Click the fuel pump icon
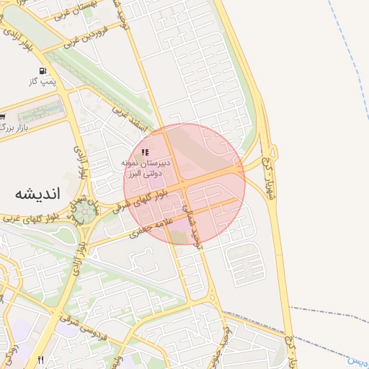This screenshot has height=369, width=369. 43,71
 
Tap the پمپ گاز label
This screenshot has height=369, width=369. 43,83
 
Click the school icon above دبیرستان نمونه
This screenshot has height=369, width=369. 145,153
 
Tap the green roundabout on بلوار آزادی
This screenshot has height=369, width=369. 86,211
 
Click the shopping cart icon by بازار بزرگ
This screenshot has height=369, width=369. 3,117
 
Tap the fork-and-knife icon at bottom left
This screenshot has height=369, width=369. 40,360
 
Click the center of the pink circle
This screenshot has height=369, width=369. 184,184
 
